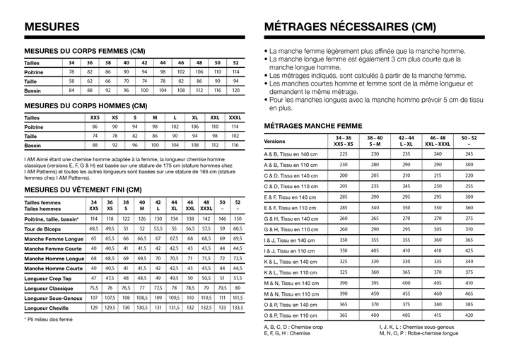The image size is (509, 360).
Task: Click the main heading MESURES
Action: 52,26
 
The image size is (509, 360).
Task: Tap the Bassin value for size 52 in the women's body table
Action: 235,91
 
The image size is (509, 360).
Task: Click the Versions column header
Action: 275,141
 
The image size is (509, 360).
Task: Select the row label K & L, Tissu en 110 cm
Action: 291,272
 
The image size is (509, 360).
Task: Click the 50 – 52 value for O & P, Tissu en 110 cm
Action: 469,315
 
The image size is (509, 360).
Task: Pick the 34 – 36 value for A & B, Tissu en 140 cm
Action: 344,153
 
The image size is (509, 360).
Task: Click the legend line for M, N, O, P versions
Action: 419,334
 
